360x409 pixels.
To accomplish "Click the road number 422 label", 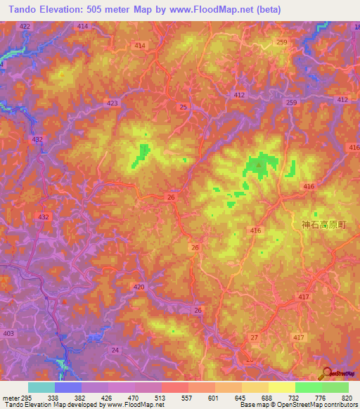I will click(x=25, y=25).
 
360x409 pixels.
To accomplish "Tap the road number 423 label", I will click(x=112, y=103).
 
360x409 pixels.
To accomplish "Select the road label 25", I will click(x=184, y=107).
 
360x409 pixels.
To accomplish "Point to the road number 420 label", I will click(x=139, y=287).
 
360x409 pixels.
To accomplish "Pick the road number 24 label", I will click(x=115, y=349).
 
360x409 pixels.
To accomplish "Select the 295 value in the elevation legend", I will click(x=27, y=397).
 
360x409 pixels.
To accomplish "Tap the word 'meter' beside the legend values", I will click(x=10, y=397).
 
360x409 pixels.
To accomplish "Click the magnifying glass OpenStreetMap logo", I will click(x=326, y=373).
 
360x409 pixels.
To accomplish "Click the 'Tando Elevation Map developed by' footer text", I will click(x=49, y=405).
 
